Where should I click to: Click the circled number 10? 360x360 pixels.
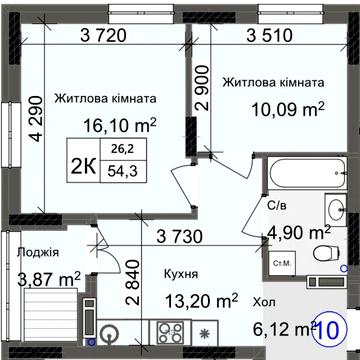(x=338, y=327)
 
